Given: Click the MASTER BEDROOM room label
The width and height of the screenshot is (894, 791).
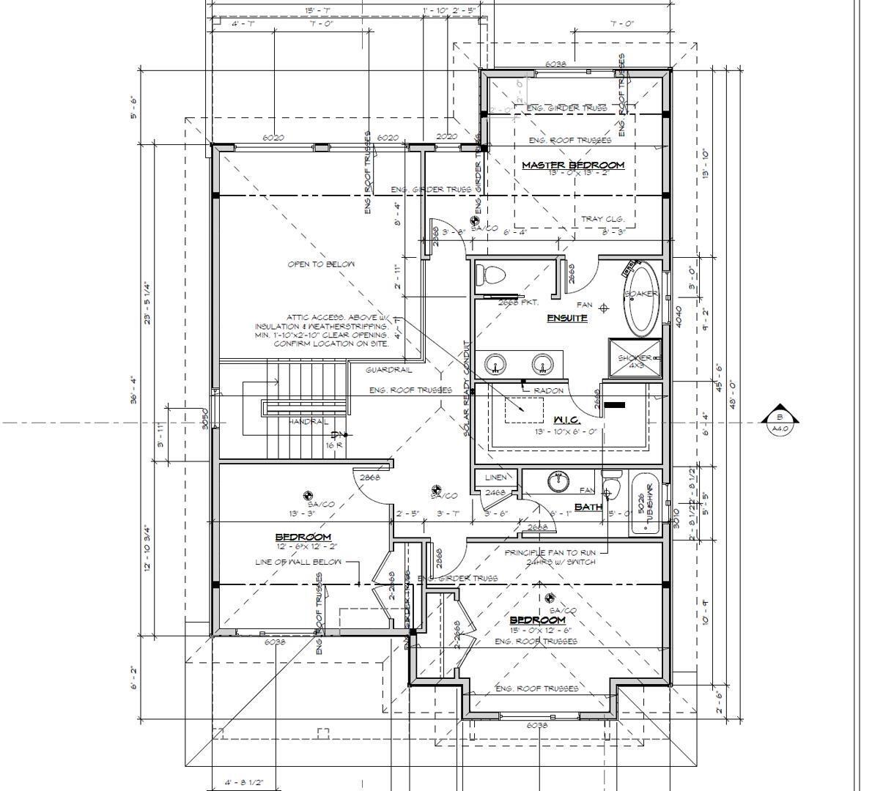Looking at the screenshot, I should pos(572,165).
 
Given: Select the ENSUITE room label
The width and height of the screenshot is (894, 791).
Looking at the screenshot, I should pos(566,318).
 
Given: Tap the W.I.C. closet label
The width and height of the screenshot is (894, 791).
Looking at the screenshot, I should pos(566,420).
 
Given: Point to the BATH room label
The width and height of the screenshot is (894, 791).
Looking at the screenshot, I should pos(588,506).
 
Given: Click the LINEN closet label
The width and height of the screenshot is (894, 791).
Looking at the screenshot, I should pos(496,478).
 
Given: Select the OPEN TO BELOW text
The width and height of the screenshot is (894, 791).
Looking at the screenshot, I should pos(321,264).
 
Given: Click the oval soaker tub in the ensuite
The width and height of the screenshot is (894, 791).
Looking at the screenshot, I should pos(642,300).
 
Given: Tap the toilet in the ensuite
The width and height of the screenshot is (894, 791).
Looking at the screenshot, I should pos(490,276).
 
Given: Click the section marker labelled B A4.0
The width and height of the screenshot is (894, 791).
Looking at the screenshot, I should pos(780,423).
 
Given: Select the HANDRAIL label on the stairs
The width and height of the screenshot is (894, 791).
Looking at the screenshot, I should pos(308,422).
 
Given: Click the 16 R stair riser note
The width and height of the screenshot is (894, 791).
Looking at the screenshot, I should pos(334,445).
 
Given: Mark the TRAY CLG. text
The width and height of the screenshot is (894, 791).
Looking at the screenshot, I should pos(602,218).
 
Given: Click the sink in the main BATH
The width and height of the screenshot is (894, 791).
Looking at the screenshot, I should pos(559,482).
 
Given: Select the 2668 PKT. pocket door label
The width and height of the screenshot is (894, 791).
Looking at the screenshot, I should pos(518,302).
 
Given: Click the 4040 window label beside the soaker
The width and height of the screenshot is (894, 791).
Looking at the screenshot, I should pos(679,316).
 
